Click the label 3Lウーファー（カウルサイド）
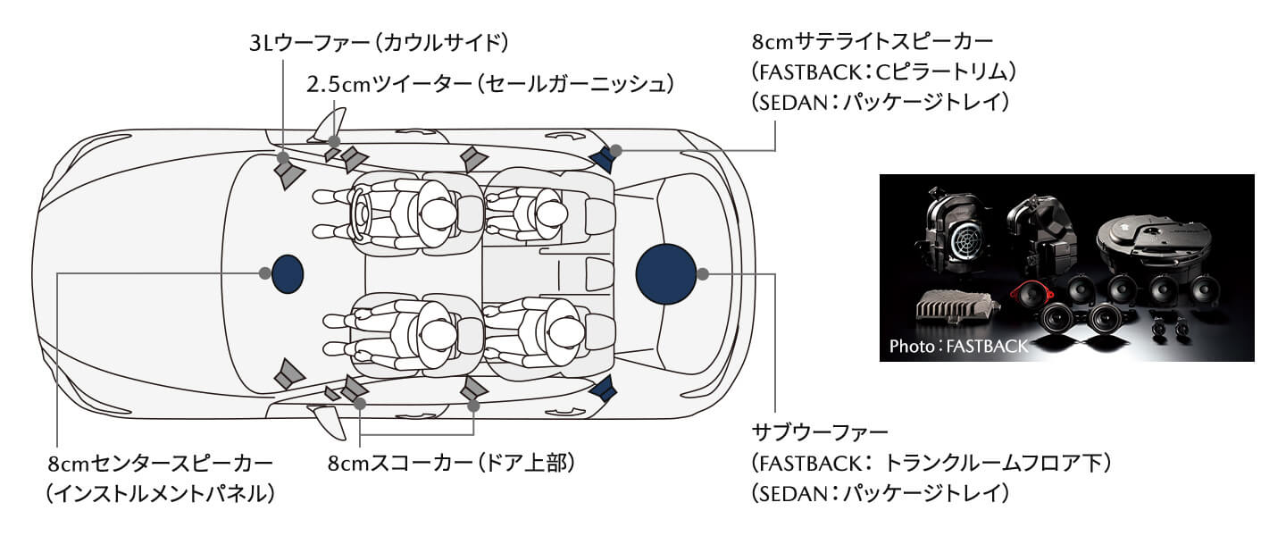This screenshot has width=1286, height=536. pyautogui.click(x=379, y=42)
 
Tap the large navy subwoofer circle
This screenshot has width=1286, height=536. pyautogui.click(x=666, y=272)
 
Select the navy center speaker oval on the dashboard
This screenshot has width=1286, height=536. pyautogui.click(x=288, y=273)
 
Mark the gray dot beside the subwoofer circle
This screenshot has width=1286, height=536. pyautogui.click(x=703, y=272)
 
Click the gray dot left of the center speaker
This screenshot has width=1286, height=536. pyautogui.click(x=264, y=273)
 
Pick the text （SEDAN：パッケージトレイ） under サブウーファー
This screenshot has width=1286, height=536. pyautogui.click(x=881, y=492)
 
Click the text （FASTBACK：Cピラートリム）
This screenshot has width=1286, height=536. pyautogui.click(x=885, y=71)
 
